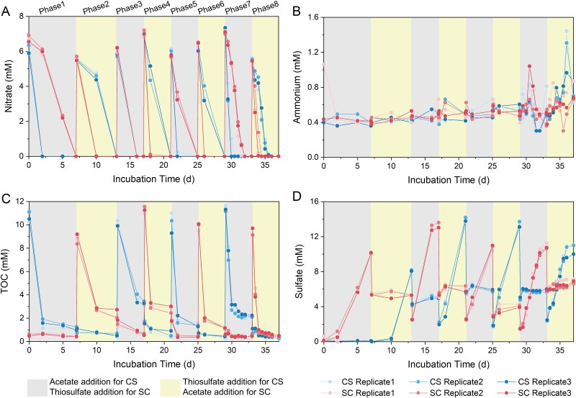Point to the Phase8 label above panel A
click(263, 9)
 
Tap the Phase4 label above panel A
click(157, 9)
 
